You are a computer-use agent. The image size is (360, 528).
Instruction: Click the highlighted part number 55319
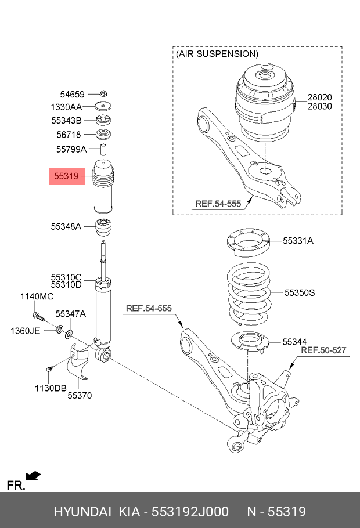pos(66,176)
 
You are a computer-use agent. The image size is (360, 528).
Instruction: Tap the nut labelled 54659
pos(103,93)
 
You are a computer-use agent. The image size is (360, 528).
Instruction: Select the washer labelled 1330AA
pos(103,106)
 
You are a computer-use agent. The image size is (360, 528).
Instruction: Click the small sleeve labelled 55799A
pos(103,149)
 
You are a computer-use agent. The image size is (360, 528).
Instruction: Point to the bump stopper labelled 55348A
pos(103,227)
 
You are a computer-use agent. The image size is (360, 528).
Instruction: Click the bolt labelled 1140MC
pos(38,316)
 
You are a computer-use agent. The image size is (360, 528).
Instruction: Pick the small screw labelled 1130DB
pos(49,369)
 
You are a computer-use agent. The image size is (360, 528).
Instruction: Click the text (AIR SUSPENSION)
pos(217,54)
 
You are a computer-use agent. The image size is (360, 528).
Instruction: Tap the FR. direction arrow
pos(33,476)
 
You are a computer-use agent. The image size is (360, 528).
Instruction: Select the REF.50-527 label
pos(323,350)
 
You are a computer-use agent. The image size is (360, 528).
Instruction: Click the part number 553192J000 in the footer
pos(190,512)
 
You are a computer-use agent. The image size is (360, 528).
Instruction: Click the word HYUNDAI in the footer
pos(82,512)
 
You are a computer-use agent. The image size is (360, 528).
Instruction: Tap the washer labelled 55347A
pos(69,334)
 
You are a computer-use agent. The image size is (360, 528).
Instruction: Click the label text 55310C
pos(66,277)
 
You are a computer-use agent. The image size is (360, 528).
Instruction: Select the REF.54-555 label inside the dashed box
pos(218,204)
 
